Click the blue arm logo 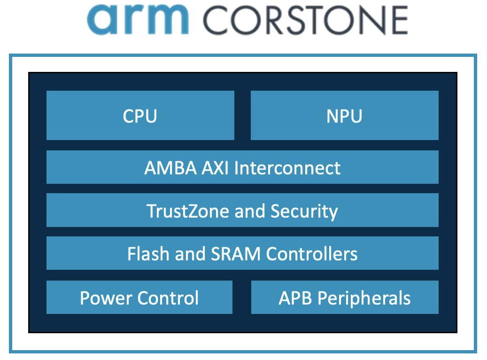138,19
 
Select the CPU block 140,115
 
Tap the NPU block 344,115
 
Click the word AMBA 170,168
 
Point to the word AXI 215,168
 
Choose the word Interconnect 287,168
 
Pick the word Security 304,211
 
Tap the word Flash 148,254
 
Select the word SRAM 236,254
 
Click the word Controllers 312,254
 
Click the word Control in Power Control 168,298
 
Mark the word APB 295,298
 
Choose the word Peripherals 364,298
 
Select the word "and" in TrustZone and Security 250,211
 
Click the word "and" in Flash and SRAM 190,254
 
